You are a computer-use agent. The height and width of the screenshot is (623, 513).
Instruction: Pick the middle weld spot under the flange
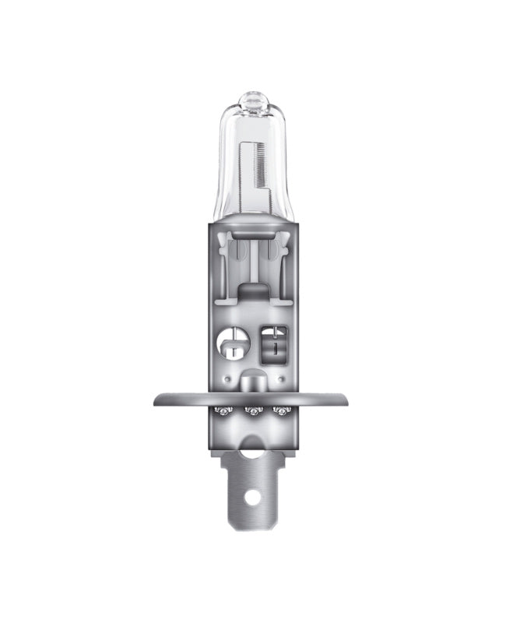[251, 410]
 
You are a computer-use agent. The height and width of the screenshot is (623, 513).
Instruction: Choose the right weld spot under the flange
[279, 410]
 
